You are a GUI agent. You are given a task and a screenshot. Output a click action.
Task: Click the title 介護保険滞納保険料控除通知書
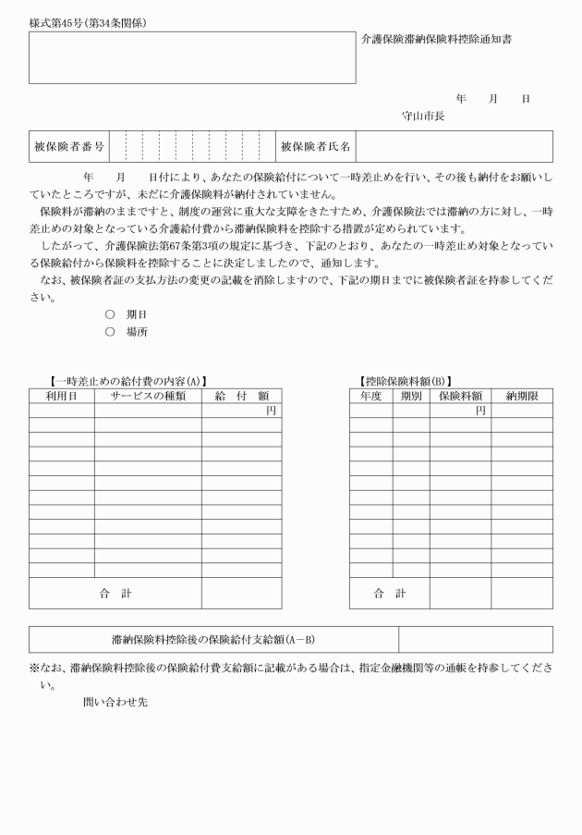pyautogui.click(x=437, y=40)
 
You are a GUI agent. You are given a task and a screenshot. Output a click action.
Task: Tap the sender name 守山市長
pyautogui.click(x=423, y=117)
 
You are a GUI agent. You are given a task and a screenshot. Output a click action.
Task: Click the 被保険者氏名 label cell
pyautogui.click(x=315, y=146)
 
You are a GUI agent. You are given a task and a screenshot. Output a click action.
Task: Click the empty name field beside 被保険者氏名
pyautogui.click(x=454, y=146)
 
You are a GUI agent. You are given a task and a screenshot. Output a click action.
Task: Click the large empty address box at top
pyautogui.click(x=192, y=58)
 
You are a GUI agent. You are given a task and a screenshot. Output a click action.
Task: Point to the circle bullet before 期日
pyautogui.click(x=110, y=314)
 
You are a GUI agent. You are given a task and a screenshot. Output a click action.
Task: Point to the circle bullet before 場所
pyautogui.click(x=110, y=331)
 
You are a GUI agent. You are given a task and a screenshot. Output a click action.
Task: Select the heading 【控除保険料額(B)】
pyautogui.click(x=406, y=381)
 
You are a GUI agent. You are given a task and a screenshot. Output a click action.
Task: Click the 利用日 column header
pyautogui.click(x=61, y=396)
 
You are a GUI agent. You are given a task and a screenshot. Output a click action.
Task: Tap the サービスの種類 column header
pyautogui.click(x=148, y=396)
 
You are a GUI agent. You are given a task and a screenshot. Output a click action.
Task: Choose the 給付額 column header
pyautogui.click(x=241, y=396)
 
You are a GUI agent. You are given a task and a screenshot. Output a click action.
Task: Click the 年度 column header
pyautogui.click(x=370, y=396)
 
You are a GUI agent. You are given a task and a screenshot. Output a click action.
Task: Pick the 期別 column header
pyautogui.click(x=410, y=396)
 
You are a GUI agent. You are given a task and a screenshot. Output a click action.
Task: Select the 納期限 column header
pyautogui.click(x=522, y=396)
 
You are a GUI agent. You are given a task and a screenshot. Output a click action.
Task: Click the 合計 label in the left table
pyautogui.click(x=115, y=594)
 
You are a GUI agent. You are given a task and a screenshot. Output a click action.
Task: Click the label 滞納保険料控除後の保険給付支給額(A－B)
pyautogui.click(x=213, y=639)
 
